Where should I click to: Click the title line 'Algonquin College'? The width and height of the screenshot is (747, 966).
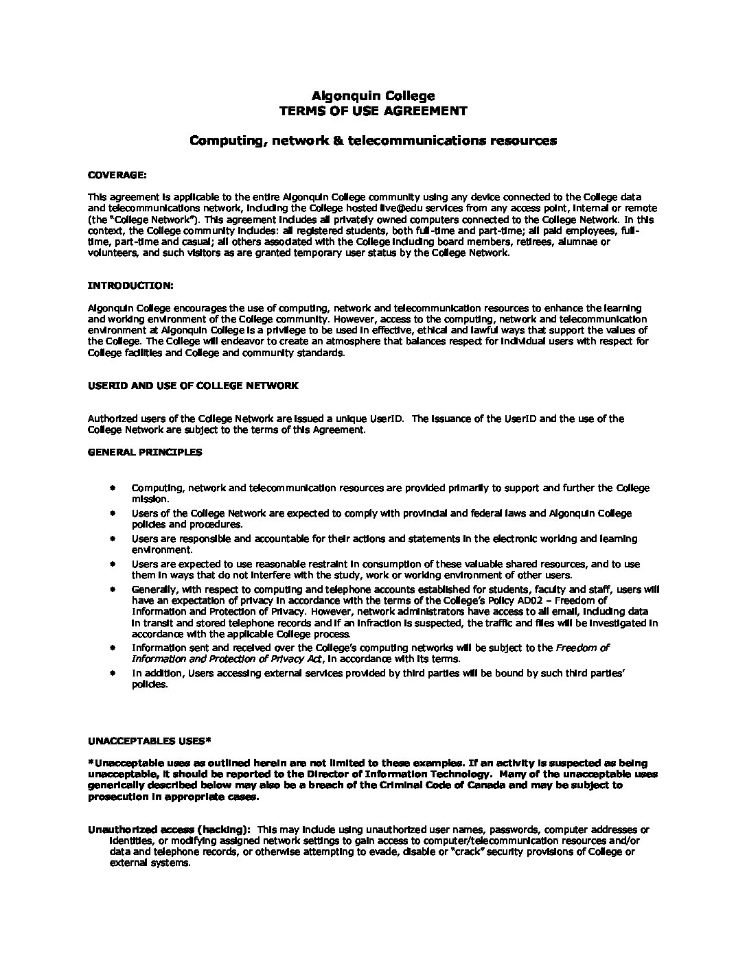pos(373,96)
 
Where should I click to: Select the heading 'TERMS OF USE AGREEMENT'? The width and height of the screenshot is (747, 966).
pos(373,111)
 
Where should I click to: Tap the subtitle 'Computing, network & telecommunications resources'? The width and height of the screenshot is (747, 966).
pos(373,141)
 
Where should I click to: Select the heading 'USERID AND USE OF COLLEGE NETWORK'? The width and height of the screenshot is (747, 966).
pos(193,386)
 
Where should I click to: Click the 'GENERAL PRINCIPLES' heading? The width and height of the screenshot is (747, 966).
pos(145,452)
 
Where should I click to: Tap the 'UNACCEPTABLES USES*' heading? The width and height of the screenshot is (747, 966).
pos(150,741)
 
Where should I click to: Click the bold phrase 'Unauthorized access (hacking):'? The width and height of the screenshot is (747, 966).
pos(169,829)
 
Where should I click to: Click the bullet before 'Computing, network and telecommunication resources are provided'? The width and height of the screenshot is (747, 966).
pos(112,488)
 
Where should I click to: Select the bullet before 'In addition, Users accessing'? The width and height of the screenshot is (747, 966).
pos(112,674)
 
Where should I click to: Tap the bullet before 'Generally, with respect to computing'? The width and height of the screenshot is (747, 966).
pos(112,589)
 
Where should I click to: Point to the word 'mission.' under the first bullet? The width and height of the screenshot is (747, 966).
pos(146,499)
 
